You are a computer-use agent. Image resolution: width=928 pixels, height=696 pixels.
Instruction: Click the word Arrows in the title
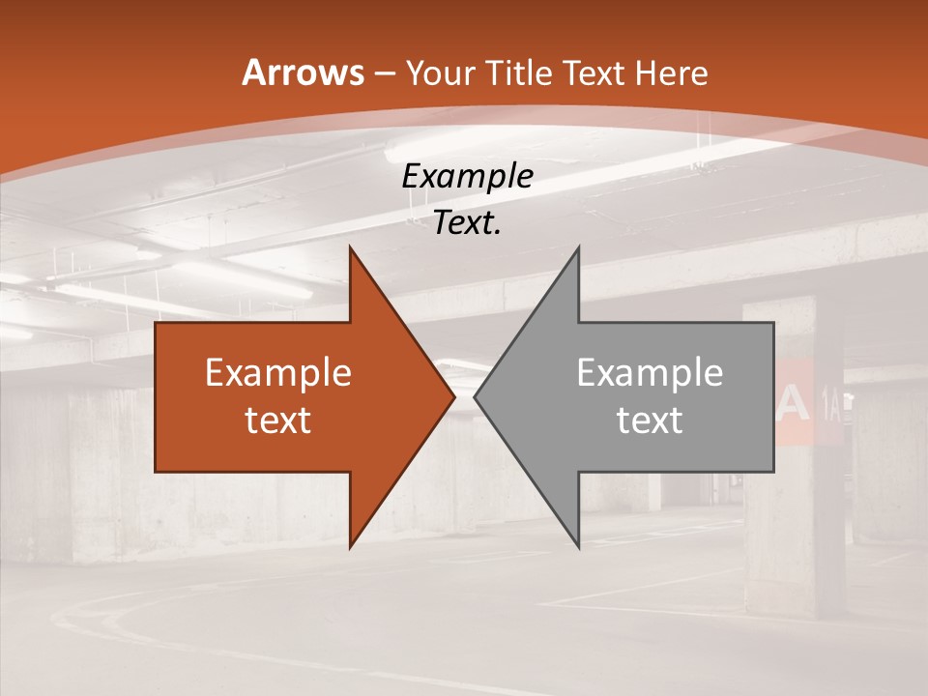[303, 72]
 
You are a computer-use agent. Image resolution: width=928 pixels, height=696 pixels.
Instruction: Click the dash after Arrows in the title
[384, 73]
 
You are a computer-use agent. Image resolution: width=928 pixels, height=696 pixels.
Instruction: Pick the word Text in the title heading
[594, 73]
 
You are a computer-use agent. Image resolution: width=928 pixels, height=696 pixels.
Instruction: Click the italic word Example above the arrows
[467, 177]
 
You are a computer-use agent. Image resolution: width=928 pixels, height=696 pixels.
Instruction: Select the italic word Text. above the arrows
[467, 223]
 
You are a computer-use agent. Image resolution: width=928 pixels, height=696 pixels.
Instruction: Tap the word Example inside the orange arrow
[278, 373]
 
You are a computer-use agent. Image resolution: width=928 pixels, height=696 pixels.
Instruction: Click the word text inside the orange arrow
[278, 420]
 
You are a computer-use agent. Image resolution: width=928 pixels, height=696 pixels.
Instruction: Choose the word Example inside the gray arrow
[650, 373]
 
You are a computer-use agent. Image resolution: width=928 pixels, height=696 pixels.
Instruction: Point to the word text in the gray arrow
[650, 420]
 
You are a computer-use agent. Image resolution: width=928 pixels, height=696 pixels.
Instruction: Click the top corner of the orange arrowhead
[350, 248]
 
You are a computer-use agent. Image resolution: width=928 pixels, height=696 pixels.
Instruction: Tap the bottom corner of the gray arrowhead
[578, 546]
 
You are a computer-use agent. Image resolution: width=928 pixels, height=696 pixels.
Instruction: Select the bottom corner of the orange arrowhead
[350, 546]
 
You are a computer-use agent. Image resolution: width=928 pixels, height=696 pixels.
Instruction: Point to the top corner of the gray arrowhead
[578, 248]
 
